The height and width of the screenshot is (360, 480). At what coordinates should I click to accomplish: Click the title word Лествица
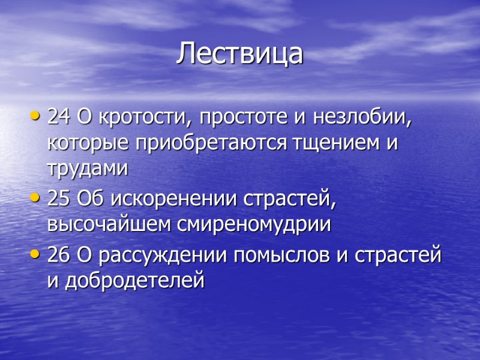[240, 54]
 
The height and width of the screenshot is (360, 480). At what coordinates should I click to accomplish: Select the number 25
[59, 199]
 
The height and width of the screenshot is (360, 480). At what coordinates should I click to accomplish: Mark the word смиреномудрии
[254, 226]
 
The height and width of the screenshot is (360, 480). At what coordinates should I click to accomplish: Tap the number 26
[59, 254]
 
